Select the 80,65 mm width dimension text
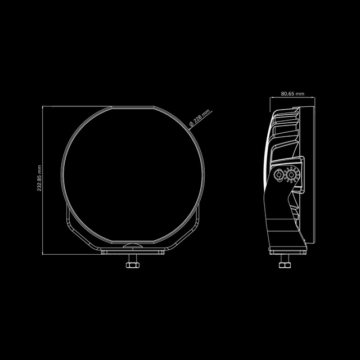click(292, 94)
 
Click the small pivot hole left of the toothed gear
click(278, 176)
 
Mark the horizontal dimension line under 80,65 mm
click(292, 100)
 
